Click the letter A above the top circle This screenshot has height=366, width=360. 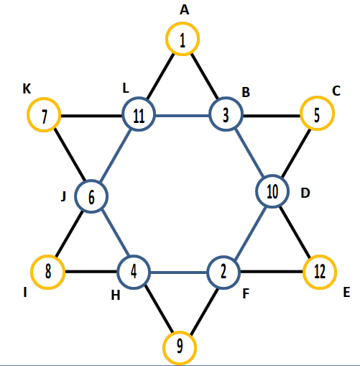[x=185, y=10]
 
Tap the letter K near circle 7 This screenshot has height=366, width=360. [x=27, y=88]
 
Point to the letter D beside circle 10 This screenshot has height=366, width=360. [x=305, y=193]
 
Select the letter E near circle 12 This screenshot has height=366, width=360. [x=346, y=293]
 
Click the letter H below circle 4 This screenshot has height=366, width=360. [x=116, y=296]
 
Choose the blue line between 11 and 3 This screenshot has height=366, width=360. [x=183, y=116]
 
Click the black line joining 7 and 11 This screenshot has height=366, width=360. [x=91, y=116]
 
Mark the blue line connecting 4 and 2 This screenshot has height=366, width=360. [x=179, y=273]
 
